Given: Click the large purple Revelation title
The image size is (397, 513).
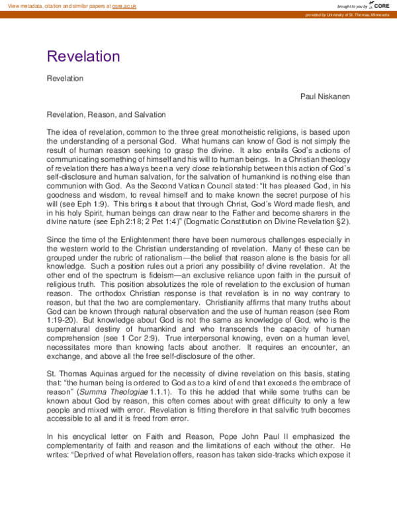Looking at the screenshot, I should [x=83, y=56].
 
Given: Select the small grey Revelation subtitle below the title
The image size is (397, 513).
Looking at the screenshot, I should [x=65, y=79].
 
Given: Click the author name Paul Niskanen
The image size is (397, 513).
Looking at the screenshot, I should [x=325, y=97].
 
